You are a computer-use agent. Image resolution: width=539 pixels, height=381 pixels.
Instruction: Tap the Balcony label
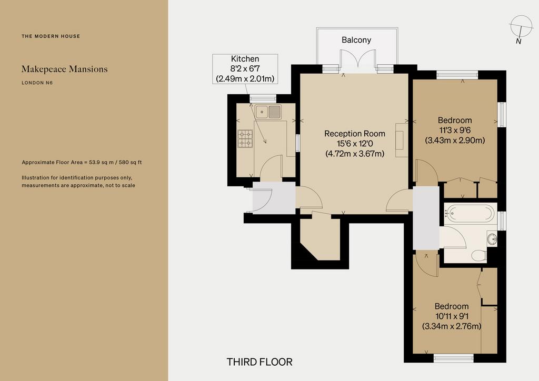356,40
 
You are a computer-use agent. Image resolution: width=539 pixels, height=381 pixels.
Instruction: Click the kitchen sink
268,112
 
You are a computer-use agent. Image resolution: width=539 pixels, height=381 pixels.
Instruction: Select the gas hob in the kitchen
245,138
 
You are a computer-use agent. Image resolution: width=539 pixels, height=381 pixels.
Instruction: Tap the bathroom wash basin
492,238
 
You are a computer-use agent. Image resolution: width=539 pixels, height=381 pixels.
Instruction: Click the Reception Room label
355,134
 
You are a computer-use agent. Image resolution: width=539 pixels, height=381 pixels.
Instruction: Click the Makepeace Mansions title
65,69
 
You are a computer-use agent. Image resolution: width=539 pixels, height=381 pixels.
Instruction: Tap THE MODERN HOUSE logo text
51,36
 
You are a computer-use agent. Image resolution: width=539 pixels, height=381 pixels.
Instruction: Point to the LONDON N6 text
37,83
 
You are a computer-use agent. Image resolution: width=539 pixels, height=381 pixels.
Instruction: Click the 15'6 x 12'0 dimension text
355,144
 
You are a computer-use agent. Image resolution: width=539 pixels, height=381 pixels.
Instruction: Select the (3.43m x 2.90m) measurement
455,140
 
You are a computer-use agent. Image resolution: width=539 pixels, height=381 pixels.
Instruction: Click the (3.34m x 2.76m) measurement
451,326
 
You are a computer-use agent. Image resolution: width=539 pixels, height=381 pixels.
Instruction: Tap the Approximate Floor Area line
82,162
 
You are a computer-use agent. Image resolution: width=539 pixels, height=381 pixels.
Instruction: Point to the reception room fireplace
401,140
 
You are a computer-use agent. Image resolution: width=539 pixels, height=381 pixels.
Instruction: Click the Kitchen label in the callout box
245,59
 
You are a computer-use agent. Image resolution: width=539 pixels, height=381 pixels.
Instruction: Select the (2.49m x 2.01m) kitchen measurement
245,79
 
